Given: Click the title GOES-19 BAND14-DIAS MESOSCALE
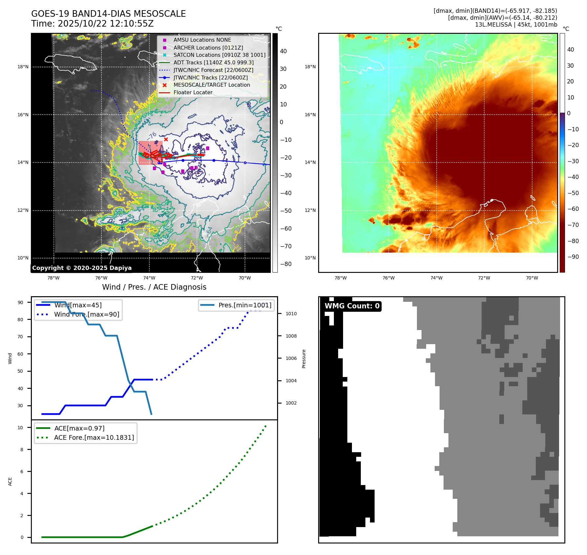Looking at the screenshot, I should pos(108,14).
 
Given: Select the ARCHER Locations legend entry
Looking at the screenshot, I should pos(208,48).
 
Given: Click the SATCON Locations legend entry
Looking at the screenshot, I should pos(219,55).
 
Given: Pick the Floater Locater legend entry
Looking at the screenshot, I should pos(193,93).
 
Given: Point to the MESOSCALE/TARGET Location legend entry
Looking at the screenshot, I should pos(211,85).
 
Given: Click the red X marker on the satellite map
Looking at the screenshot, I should pos(166,140).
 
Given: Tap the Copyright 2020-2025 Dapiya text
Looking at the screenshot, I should pos(82,268).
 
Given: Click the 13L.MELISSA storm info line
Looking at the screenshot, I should pos(516,25).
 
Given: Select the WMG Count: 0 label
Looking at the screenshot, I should pos(352,306).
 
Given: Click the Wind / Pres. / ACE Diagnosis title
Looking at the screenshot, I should pos(154,287).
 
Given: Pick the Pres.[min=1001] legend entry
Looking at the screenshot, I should pos(245,305).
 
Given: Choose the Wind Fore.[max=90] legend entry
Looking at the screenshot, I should pos(87,315).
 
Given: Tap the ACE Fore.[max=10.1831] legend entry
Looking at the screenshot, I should pos(94,438).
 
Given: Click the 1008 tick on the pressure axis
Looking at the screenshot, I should pos(291,336).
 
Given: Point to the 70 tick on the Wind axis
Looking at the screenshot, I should pos(20,337).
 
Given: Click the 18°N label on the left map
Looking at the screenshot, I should pos(23,67).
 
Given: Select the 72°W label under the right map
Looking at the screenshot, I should pos(484,278).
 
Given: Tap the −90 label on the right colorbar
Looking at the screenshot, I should pos(573,257).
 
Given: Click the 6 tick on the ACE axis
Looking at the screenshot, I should pos(22,472).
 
